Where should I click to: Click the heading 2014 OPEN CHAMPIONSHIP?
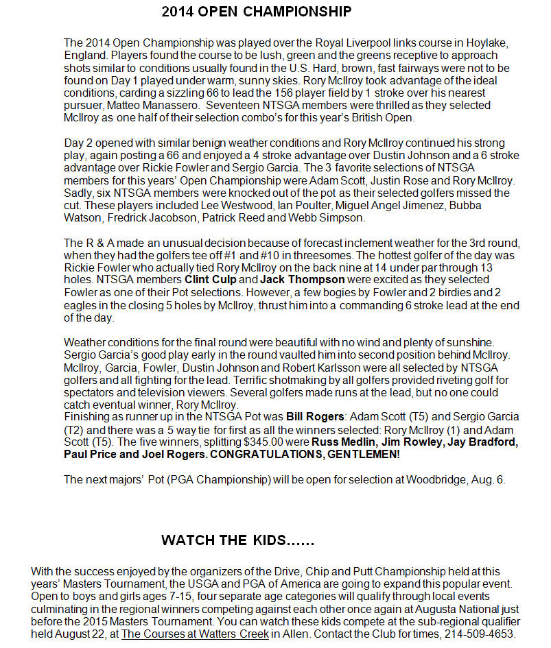pos(257,12)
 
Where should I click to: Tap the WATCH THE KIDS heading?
pos(237,540)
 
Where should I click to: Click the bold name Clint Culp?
pos(211,280)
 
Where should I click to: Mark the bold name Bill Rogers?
pos(315,417)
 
